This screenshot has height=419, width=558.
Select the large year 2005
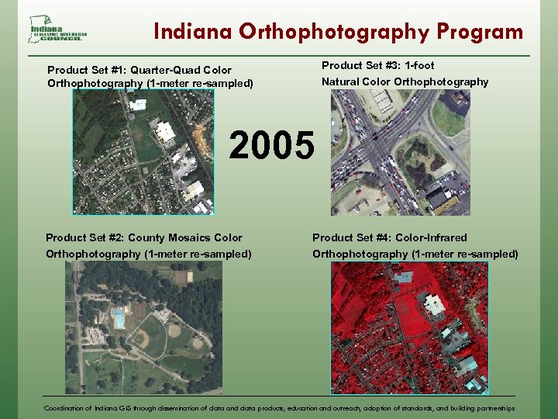click(273, 145)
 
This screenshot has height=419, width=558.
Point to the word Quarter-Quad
click(164, 70)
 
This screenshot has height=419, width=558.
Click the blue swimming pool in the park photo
click(119, 318)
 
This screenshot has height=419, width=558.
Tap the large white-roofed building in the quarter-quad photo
click(165, 132)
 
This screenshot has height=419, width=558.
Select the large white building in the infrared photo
click(434, 303)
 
